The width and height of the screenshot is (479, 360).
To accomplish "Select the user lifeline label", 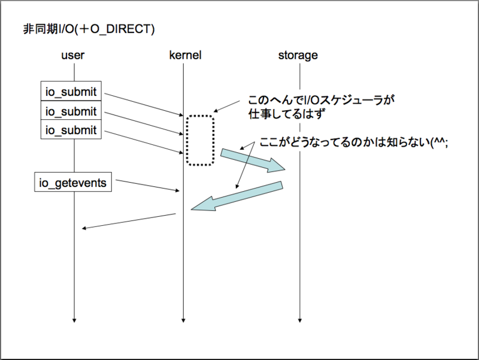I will [73, 56].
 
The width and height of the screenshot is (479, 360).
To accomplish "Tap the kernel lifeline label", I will [185, 56].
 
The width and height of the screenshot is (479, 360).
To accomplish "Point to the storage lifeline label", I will [298, 56].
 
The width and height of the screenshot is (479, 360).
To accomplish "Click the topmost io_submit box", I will [71, 92].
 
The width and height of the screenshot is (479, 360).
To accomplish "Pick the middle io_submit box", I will [71, 111].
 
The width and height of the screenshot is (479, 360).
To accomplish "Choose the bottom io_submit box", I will [71, 130].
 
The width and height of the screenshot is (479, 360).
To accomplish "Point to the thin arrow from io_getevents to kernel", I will [147, 185].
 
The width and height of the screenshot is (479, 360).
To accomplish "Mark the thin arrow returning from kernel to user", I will [129, 220].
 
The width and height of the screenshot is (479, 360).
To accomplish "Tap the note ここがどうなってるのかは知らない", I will [353, 144].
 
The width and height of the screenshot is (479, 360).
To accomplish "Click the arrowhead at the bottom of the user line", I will [74, 319].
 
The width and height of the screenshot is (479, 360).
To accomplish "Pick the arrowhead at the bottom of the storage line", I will [299, 319].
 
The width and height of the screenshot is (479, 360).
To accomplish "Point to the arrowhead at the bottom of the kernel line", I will [184, 319].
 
